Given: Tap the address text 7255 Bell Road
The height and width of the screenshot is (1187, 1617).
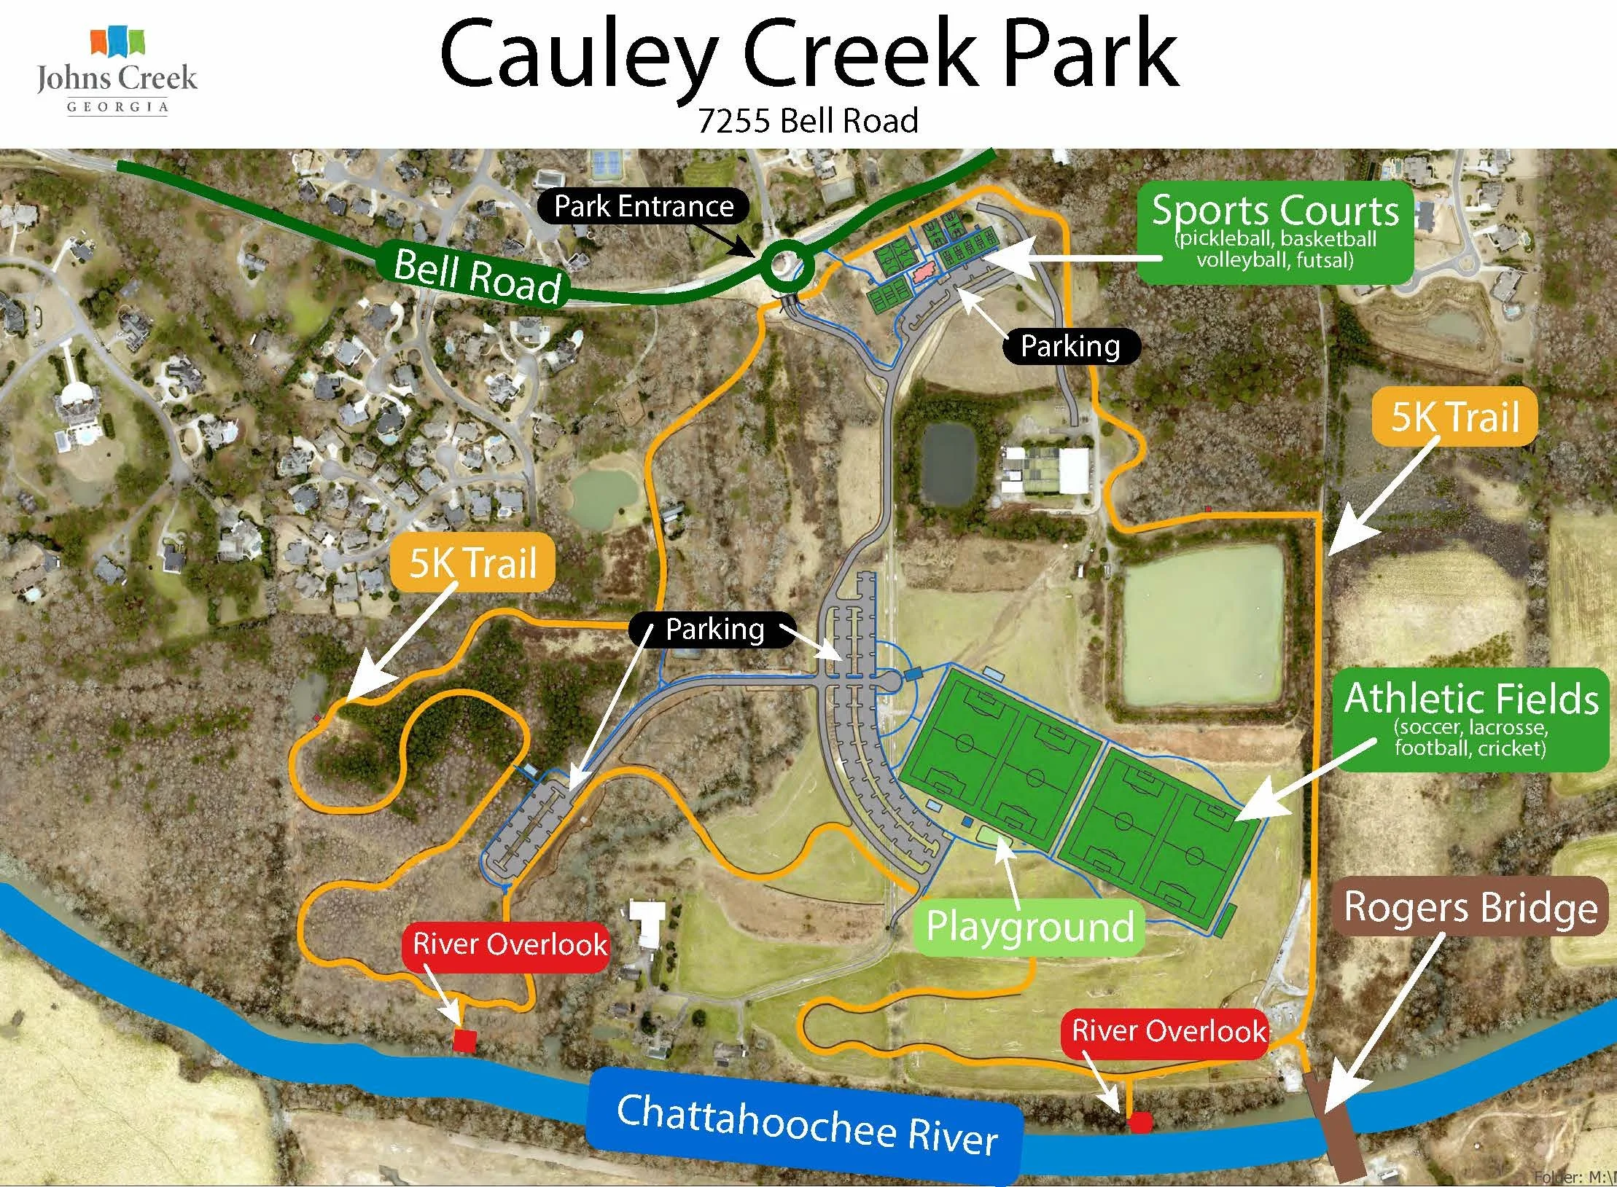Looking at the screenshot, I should (808, 121).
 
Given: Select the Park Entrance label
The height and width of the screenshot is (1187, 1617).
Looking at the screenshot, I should (643, 206).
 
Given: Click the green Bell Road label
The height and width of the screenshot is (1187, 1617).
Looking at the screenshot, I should (478, 275).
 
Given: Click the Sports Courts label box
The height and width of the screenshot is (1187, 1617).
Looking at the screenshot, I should (1275, 235).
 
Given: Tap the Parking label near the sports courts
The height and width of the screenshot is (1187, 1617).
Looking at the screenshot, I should (1069, 346).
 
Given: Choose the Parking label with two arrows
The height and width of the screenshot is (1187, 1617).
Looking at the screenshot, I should (714, 629).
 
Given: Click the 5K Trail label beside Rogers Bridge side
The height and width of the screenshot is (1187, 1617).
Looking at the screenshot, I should (1454, 417).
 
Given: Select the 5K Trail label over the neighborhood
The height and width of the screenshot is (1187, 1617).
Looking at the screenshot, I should (472, 563).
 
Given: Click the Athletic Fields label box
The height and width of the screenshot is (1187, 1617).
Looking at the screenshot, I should (1471, 719).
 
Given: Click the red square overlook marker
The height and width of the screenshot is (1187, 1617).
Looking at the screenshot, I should (464, 1041).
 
